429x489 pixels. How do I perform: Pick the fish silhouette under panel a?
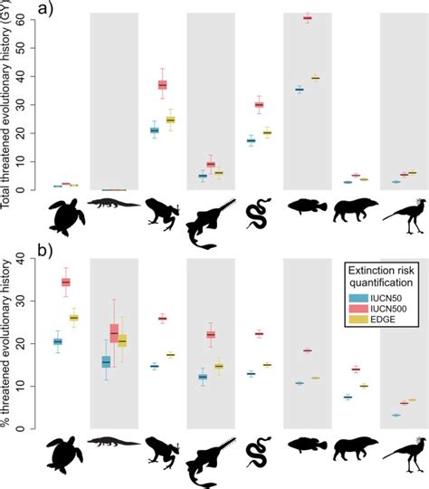(x=307, y=209)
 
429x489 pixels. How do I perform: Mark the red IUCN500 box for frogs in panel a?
(x=163, y=84)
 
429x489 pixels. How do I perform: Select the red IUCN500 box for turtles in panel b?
(x=65, y=282)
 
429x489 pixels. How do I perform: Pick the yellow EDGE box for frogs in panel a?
(x=170, y=120)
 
